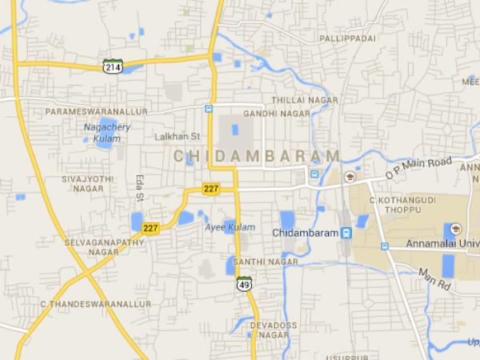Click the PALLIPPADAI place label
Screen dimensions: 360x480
(347, 38)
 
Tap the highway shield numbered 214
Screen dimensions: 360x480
(112, 66)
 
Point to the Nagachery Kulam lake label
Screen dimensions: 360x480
(107, 131)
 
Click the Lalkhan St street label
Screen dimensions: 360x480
(177, 137)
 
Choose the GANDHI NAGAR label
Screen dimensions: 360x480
(276, 114)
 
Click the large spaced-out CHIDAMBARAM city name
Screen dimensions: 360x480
(256, 155)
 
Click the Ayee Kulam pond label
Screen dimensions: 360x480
(230, 227)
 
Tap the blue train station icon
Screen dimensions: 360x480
(346, 234)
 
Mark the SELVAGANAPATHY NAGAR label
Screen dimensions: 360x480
(93, 246)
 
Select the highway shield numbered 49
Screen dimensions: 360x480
(243, 283)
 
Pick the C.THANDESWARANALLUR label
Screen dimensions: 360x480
(95, 304)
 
